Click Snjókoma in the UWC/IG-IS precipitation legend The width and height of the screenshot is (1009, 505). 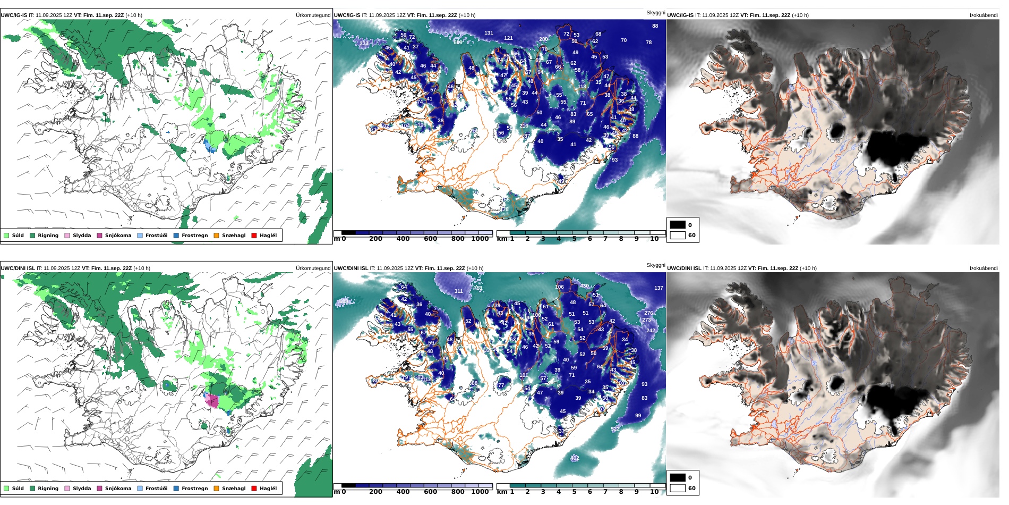click(118, 235)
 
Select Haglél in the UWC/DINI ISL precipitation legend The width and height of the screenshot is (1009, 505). click(268, 489)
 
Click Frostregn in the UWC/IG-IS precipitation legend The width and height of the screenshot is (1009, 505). click(194, 235)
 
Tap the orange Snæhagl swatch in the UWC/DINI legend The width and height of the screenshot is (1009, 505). click(216, 489)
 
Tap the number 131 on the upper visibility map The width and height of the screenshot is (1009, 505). click(489, 33)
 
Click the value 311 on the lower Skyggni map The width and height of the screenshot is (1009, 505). click(458, 291)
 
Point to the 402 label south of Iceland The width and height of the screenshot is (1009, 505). click(575, 458)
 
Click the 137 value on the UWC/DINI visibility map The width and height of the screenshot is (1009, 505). click(659, 288)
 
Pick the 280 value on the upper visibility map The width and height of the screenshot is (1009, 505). click(543, 39)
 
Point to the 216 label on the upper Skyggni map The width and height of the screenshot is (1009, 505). click(524, 126)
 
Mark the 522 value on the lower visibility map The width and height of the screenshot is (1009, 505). click(615, 428)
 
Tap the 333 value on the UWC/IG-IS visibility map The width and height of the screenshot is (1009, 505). click(364, 44)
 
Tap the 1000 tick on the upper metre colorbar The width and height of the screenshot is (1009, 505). click(480, 239)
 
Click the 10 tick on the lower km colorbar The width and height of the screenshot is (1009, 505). click(654, 492)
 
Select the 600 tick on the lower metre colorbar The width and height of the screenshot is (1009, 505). click(430, 492)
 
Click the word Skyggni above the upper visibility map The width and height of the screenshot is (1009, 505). click(655, 13)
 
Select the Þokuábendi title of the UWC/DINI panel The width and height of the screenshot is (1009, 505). click(984, 268)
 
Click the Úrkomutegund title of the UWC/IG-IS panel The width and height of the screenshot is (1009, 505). click(313, 15)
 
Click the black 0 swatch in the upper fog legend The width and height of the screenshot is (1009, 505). click(678, 225)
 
